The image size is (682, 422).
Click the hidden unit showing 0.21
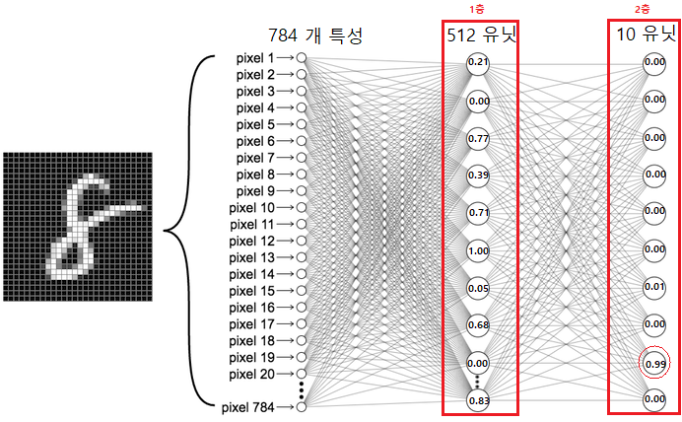tap(478, 63)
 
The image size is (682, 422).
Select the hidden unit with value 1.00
tap(478, 251)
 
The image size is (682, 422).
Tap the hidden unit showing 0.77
tap(478, 139)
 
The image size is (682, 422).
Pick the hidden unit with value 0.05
tap(478, 289)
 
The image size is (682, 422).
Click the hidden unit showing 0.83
tap(478, 400)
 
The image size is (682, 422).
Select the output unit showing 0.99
tap(654, 363)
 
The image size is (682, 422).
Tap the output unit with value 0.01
tap(654, 288)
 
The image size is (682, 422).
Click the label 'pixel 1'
tap(256, 58)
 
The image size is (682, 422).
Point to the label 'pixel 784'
tap(248, 407)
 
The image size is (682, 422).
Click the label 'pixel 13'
tap(252, 257)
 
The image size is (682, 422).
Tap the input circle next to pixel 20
tap(301, 374)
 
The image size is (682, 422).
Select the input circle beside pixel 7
tap(301, 158)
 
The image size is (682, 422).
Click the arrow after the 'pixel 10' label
tap(286, 208)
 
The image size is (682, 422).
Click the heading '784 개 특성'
tap(315, 35)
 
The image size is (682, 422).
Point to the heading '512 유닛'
tap(482, 35)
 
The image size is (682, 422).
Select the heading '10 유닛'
tap(647, 34)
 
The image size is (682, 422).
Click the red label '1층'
tap(477, 10)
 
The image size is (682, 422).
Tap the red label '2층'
tap(642, 10)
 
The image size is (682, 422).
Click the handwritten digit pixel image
tap(78, 227)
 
